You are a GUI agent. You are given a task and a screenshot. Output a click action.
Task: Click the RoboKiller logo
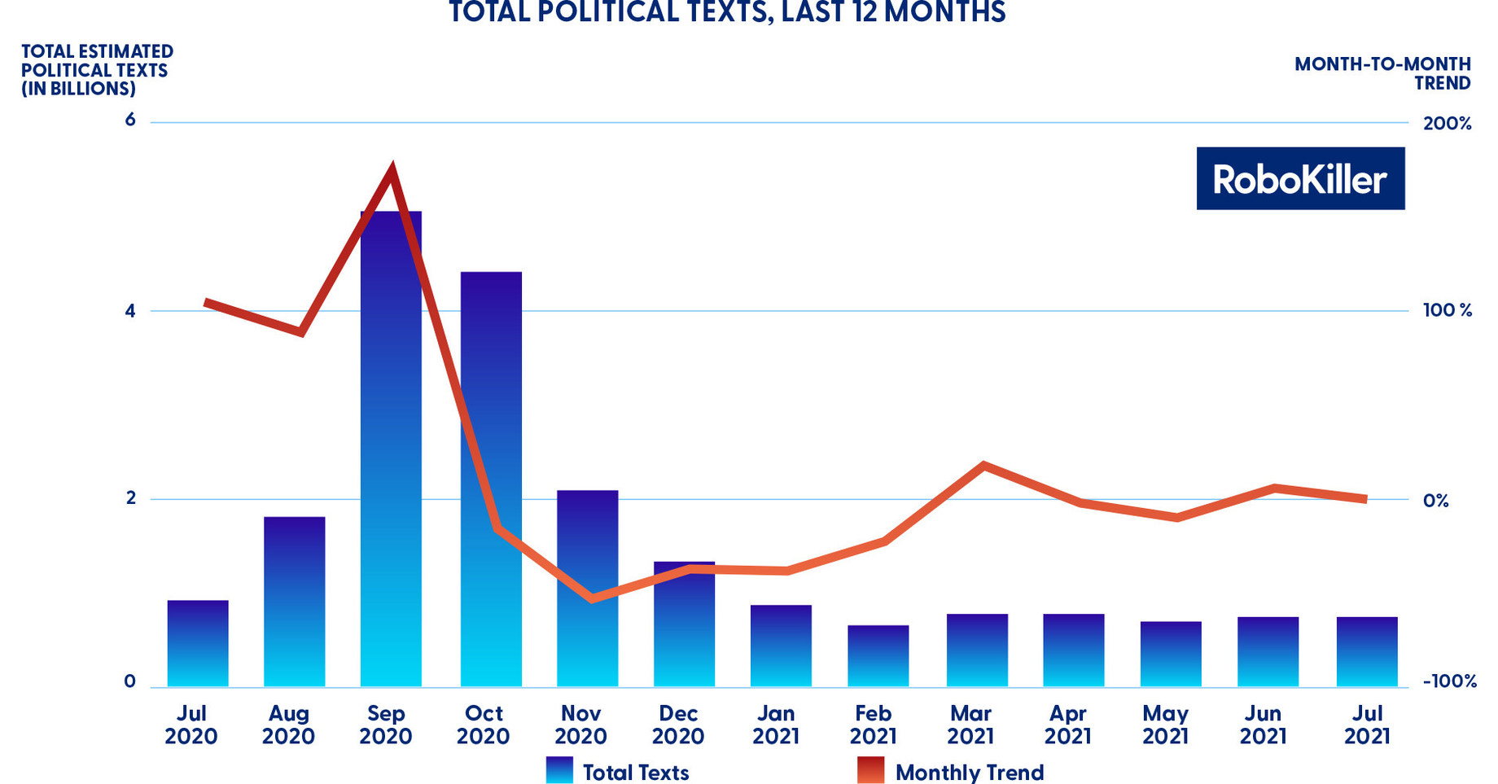pos(1299,178)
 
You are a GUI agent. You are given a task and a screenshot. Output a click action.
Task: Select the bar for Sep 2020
pos(391,448)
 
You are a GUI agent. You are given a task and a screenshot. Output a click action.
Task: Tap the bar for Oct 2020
pos(491,480)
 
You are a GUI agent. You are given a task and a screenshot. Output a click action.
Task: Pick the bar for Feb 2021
pos(878,656)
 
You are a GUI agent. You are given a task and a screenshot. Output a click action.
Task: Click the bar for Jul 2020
pos(198,643)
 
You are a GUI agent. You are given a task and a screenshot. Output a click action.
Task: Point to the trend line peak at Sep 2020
pos(392,169)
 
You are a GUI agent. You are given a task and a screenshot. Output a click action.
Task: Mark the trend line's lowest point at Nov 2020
pos(592,598)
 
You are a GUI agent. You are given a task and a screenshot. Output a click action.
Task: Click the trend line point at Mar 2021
pos(983,466)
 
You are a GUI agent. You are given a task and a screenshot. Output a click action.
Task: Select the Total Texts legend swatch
pos(559,770)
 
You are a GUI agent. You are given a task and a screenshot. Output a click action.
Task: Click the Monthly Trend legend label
pos(969,772)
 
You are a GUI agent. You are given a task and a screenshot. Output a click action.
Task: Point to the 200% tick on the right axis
pos(1447,124)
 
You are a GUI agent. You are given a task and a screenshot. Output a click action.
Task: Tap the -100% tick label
pos(1449,681)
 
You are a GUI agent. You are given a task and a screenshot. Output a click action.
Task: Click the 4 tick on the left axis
pos(130,311)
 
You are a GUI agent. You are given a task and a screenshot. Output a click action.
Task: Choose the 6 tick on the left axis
pos(130,120)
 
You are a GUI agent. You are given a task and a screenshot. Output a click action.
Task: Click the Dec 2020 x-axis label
pos(677,725)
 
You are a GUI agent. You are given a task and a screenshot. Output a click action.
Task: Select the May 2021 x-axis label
pos(1165,725)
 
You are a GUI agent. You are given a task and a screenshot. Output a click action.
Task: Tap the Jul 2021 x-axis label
pos(1367,725)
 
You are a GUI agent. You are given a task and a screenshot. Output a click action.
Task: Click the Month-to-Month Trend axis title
pos(1382,73)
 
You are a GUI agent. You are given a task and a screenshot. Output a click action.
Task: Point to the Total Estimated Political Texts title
pos(96,70)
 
